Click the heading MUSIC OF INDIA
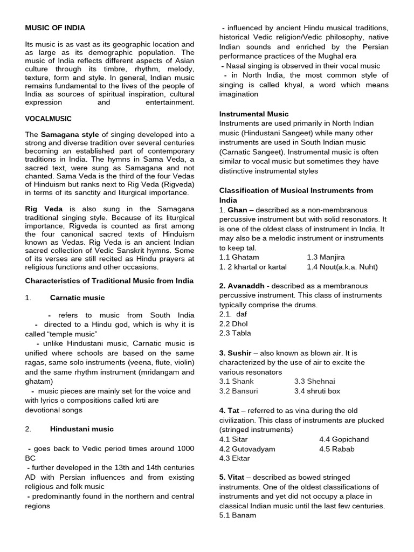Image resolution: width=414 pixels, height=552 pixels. pyautogui.click(x=55, y=27)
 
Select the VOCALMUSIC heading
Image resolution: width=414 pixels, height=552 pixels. pyautogui.click(x=49, y=119)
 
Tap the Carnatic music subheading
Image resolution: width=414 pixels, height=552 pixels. pyautogui.click(x=77, y=298)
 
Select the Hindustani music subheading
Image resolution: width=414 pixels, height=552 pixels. pyautogui.click(x=81, y=429)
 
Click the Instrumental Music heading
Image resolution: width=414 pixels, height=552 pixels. pyautogui.click(x=253, y=114)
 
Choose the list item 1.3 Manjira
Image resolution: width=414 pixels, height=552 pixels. pyautogui.click(x=326, y=257)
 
